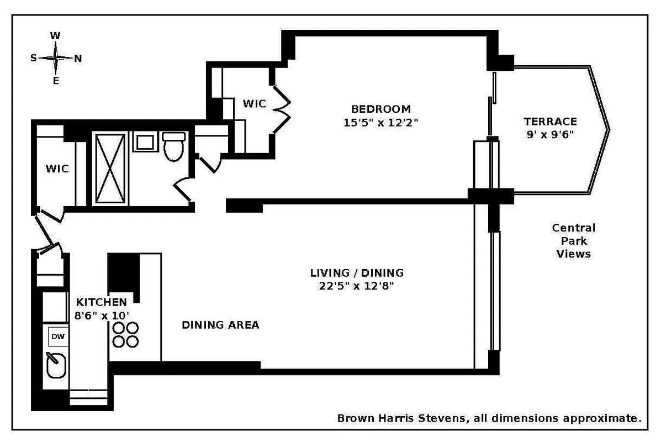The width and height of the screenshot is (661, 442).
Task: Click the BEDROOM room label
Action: (381, 109)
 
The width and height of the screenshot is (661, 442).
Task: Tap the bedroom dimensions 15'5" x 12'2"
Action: (381, 123)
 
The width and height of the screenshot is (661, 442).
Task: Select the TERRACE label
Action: (550, 122)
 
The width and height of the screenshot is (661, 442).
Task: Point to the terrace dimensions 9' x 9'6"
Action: (550, 134)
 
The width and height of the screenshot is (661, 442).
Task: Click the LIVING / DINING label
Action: (357, 273)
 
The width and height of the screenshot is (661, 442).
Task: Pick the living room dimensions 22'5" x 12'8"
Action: (357, 286)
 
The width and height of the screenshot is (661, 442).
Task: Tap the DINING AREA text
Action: (220, 325)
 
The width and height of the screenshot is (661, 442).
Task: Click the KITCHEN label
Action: (101, 302)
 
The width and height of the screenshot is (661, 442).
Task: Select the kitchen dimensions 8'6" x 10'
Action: (102, 315)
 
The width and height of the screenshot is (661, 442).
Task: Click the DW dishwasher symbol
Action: (57, 336)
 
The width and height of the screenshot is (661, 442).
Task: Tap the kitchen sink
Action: (56, 365)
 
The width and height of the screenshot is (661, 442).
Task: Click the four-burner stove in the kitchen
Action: (125, 334)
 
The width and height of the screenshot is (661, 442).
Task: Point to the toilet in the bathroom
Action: (174, 146)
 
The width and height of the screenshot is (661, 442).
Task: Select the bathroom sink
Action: (145, 141)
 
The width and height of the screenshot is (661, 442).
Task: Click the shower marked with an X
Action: (110, 169)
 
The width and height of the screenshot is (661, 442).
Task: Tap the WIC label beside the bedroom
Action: (254, 104)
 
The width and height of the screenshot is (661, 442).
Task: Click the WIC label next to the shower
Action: (57, 169)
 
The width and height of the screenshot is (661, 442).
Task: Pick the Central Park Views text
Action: (574, 241)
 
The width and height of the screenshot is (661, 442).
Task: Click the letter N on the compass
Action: (78, 58)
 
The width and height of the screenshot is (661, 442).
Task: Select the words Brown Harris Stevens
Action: (400, 418)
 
